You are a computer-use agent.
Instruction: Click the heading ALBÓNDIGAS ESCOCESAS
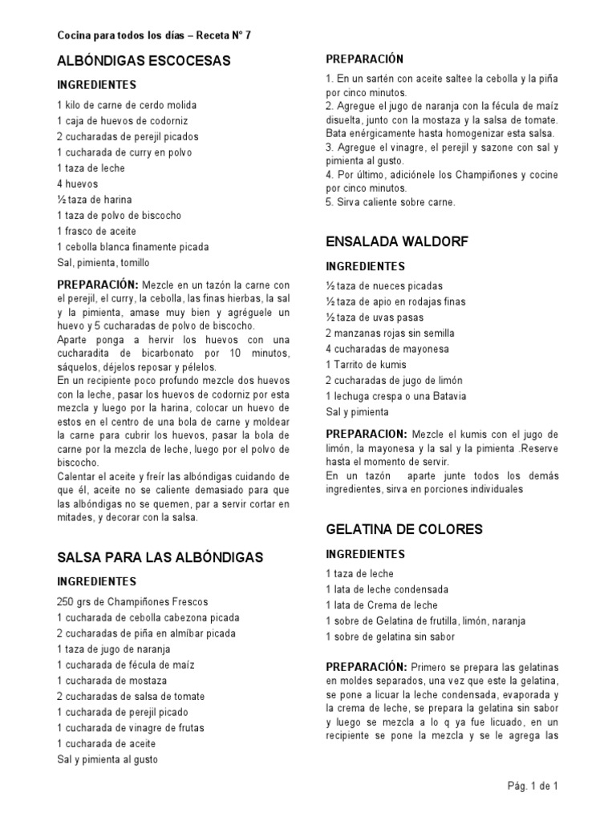tap(144, 61)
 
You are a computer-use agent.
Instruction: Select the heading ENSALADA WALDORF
tap(397, 241)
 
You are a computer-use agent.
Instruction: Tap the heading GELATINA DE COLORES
tap(404, 529)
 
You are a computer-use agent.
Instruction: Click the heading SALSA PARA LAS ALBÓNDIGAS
tap(160, 557)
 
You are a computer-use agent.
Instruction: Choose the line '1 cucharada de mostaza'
tap(112, 681)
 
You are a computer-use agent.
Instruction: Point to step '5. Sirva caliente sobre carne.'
tap(391, 202)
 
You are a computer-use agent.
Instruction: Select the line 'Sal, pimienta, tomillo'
tap(103, 262)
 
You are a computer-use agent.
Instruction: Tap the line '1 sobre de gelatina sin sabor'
tap(390, 637)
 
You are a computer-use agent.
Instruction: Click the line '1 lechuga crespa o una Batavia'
tap(396, 396)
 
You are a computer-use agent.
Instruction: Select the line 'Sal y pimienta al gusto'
tap(107, 759)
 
